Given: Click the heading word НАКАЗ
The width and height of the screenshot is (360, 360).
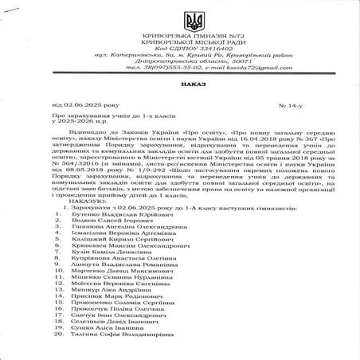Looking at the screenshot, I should [x=179, y=82].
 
